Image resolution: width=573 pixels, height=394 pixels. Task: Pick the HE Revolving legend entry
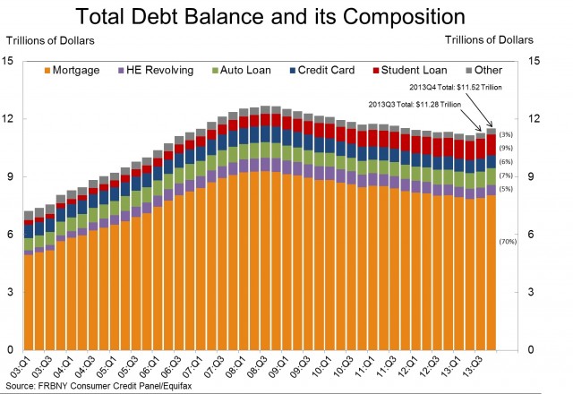[153, 70]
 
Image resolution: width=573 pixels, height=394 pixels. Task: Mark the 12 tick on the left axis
[8, 118]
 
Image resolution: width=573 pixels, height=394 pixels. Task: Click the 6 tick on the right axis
[534, 234]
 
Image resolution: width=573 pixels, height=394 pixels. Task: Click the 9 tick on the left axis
[8, 176]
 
